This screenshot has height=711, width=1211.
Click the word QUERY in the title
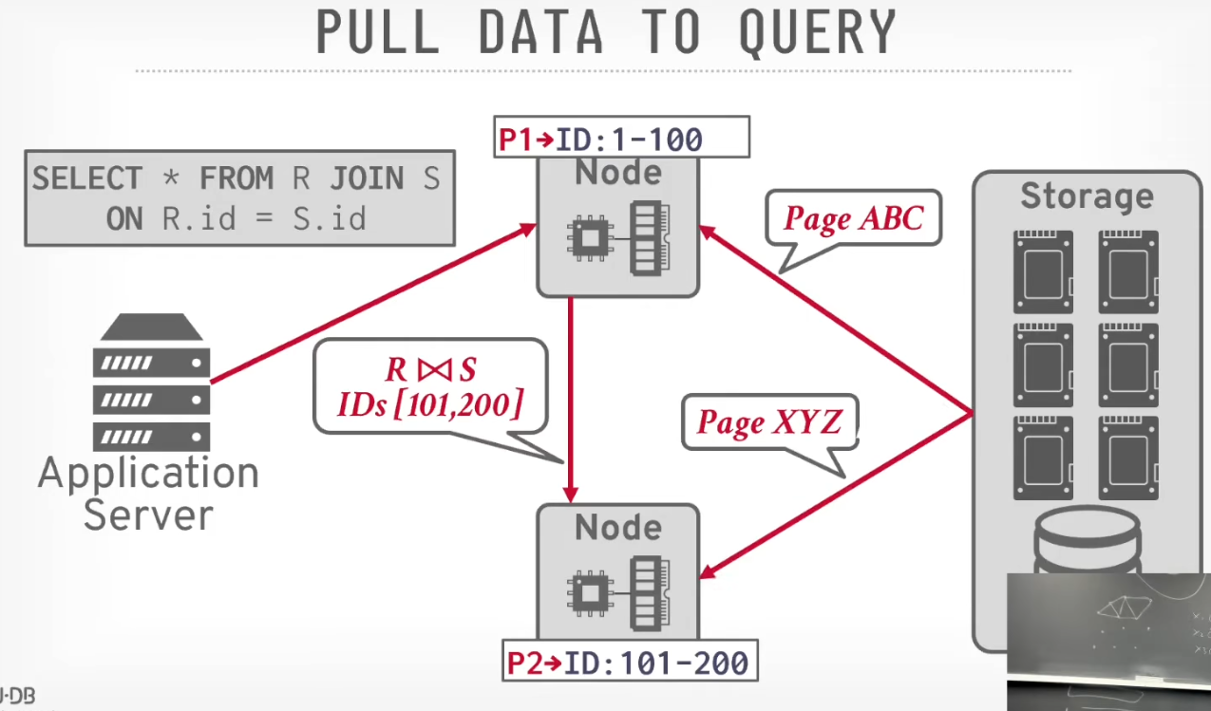(818, 32)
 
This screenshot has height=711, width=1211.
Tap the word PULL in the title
(377, 31)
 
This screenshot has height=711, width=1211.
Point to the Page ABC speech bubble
(854, 218)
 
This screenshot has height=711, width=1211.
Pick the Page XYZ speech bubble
(770, 422)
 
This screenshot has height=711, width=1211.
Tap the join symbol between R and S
(434, 369)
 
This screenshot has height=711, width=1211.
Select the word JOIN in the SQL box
(367, 178)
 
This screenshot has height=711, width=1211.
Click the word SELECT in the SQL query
(87, 178)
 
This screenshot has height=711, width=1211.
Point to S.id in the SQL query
(330, 219)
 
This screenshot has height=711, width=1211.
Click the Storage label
(1088, 196)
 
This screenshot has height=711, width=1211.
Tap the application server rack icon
(151, 382)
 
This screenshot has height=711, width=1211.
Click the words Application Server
(149, 493)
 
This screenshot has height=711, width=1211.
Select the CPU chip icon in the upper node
(590, 238)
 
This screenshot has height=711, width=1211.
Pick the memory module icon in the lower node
(651, 593)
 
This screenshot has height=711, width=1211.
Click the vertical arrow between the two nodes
(571, 400)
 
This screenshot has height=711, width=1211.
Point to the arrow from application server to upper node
(373, 303)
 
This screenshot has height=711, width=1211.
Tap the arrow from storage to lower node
(836, 496)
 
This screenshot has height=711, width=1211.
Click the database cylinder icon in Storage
(1088, 540)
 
